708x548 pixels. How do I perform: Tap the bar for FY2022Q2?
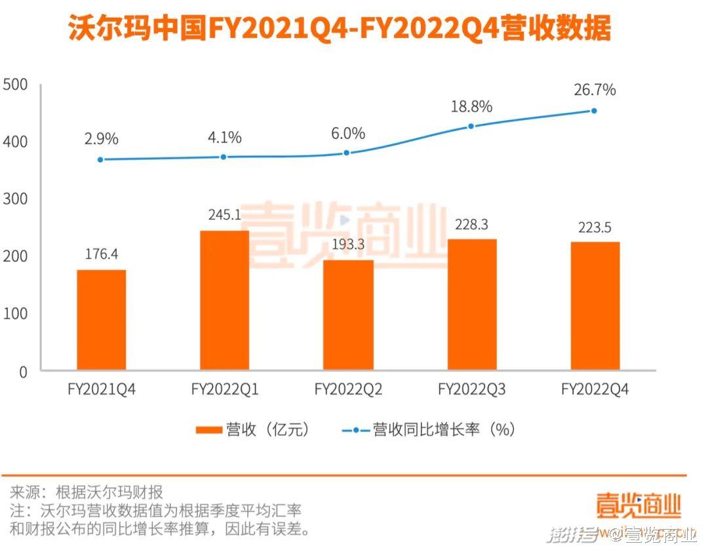pyautogui.click(x=348, y=315)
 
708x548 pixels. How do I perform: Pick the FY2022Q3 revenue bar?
pyautogui.click(x=471, y=305)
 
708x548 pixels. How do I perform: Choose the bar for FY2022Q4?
pyautogui.click(x=595, y=306)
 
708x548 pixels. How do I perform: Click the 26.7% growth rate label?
pyautogui.click(x=595, y=90)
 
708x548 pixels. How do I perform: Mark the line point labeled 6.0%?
pyautogui.click(x=347, y=153)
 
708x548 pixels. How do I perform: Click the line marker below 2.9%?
pyautogui.click(x=101, y=159)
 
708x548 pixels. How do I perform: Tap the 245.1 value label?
pyautogui.click(x=224, y=214)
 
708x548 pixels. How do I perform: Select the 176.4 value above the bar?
pyautogui.click(x=101, y=254)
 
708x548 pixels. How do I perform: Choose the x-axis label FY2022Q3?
pyautogui.click(x=471, y=390)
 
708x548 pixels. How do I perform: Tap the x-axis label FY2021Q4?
pyautogui.click(x=102, y=390)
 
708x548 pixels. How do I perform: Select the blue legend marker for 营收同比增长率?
pyautogui.click(x=355, y=430)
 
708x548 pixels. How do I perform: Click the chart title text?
pyautogui.click(x=340, y=29)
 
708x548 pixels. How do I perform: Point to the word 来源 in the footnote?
pyautogui.click(x=25, y=492)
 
